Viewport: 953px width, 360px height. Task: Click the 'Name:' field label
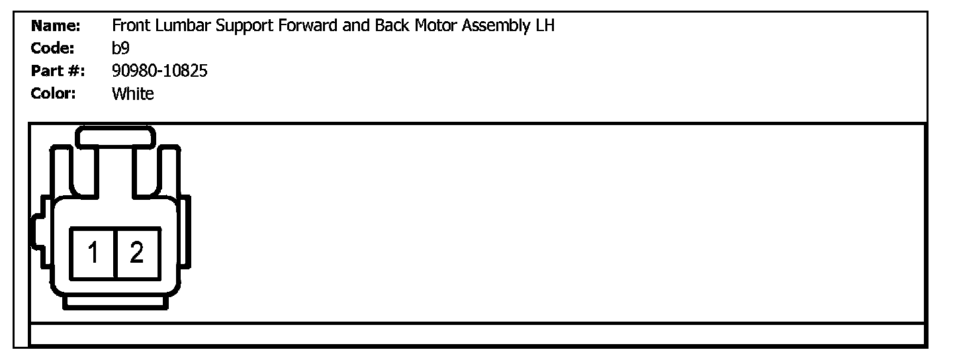[x=56, y=26]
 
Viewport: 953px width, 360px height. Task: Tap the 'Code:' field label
[x=53, y=48]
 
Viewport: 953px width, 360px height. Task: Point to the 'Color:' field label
[x=54, y=93]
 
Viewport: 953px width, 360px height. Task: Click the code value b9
[x=120, y=48]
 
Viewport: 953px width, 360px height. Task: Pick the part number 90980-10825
[x=159, y=71]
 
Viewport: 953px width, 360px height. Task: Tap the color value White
[x=133, y=93]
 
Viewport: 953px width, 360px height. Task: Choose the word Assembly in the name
[x=496, y=27]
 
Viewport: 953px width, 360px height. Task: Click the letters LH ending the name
[x=545, y=26]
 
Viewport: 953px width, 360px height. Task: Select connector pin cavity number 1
[x=93, y=253]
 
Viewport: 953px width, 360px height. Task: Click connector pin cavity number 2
[x=137, y=253]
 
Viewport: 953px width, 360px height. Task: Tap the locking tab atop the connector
[x=116, y=138]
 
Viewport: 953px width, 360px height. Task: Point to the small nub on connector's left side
[x=36, y=232]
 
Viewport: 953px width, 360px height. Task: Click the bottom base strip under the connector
[x=115, y=302]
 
